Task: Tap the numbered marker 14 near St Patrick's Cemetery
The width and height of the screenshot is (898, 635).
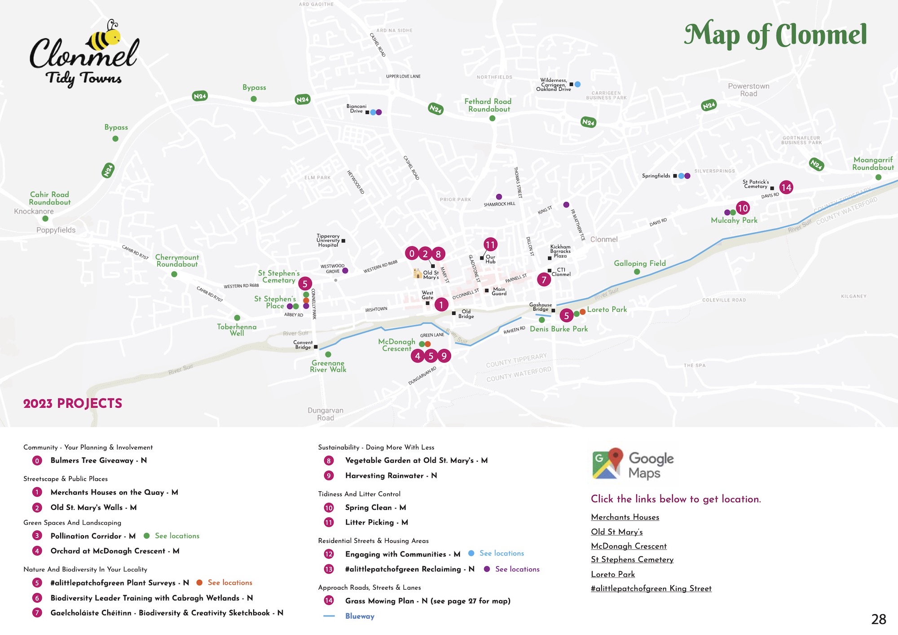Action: pos(786,187)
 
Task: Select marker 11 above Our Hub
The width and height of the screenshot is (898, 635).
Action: pos(490,245)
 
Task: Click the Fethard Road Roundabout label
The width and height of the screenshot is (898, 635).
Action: pos(488,105)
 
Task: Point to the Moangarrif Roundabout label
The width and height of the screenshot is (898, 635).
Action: pos(873,163)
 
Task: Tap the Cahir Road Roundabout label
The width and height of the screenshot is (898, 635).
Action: pos(50,198)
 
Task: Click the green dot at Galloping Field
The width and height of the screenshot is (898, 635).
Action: pos(637,272)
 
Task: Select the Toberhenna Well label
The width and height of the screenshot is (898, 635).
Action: pos(237,330)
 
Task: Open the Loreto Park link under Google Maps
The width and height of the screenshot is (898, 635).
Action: pos(613,574)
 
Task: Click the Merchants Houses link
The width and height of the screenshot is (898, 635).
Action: pos(625,517)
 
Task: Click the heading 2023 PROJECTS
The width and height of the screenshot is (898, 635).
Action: pos(73,403)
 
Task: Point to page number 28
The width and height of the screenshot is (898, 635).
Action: pos(878,619)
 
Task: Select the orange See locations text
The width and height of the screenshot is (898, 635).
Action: pos(230,582)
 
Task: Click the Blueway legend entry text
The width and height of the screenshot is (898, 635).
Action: pos(360,616)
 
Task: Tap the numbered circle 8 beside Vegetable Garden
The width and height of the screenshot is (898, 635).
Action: pos(329,461)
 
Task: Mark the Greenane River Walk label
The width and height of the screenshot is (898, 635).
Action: pos(328,366)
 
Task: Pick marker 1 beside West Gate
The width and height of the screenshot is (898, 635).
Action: pos(441,305)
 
